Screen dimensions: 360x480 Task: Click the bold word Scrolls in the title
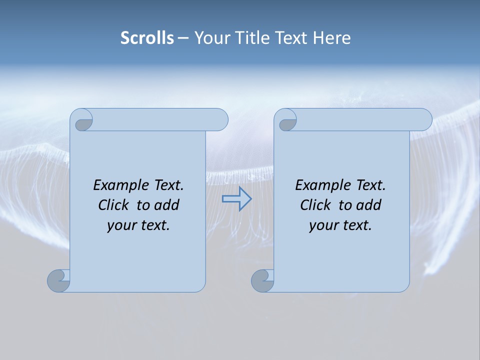click(147, 38)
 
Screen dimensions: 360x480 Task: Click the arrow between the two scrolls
click(236, 198)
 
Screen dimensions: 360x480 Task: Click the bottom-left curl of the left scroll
click(58, 280)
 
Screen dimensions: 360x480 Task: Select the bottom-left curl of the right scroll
click(262, 280)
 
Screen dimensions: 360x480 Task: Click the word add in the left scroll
click(167, 205)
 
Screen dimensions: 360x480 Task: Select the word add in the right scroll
click(369, 205)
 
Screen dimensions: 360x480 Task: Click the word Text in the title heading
click(291, 38)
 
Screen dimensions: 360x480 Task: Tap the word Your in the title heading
click(212, 38)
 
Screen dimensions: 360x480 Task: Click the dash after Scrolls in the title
click(183, 38)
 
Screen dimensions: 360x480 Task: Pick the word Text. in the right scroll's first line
click(370, 185)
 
